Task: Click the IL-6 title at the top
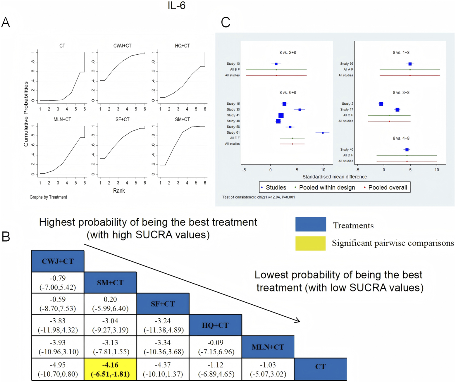click(x=176, y=6)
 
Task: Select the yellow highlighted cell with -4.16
click(x=110, y=369)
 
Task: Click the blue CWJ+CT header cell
click(x=58, y=261)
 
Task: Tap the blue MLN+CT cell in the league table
click(x=268, y=347)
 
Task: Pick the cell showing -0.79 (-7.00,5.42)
click(x=58, y=283)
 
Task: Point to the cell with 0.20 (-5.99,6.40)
click(x=110, y=304)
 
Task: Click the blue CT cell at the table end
click(x=320, y=367)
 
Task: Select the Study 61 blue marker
click(x=323, y=133)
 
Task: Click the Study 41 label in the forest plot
click(x=233, y=115)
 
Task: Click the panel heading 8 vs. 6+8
click(x=287, y=92)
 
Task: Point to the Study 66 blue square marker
click(x=410, y=64)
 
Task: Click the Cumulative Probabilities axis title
click(x=26, y=114)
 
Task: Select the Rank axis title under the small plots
click(x=119, y=191)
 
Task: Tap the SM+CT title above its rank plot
click(x=182, y=119)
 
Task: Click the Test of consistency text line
click(x=258, y=197)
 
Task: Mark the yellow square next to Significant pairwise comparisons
click(x=310, y=243)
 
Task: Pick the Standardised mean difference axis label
click(x=334, y=177)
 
